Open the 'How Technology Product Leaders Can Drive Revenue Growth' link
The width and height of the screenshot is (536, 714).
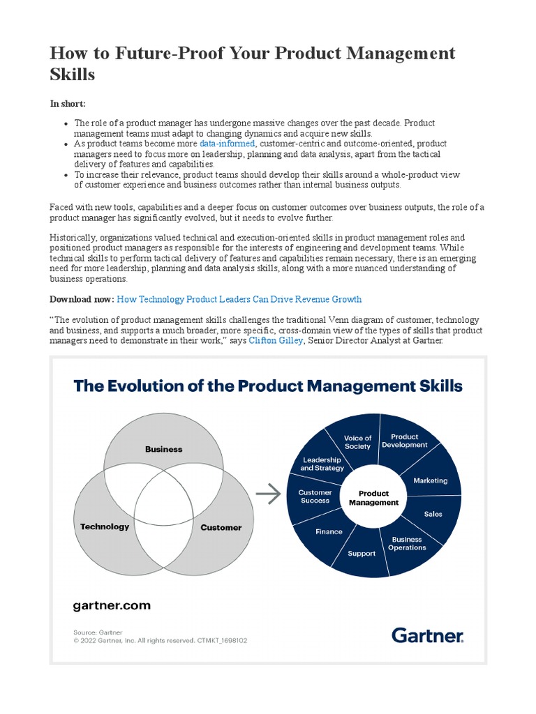tap(239, 299)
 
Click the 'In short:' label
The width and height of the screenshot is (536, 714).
tap(68, 103)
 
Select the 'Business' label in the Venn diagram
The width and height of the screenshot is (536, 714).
tap(163, 449)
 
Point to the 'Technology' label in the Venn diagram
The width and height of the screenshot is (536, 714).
tap(105, 526)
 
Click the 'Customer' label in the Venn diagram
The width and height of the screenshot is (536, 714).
tap(221, 527)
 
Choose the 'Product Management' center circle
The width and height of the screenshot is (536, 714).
tap(373, 498)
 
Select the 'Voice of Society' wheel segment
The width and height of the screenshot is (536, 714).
tap(358, 442)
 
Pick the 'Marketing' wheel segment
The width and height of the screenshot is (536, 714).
tap(431, 480)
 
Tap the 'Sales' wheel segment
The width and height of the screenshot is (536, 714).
tap(433, 514)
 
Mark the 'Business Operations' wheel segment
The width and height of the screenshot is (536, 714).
tap(407, 543)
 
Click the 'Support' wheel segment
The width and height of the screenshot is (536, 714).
tap(362, 553)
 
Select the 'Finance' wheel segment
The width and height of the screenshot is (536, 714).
tap(329, 531)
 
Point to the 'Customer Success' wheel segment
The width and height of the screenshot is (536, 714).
tap(315, 496)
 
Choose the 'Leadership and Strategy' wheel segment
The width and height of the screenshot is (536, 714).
tap(321, 464)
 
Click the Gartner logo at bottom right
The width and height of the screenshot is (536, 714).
tap(427, 635)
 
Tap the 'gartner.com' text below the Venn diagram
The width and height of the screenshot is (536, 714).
tap(112, 605)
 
